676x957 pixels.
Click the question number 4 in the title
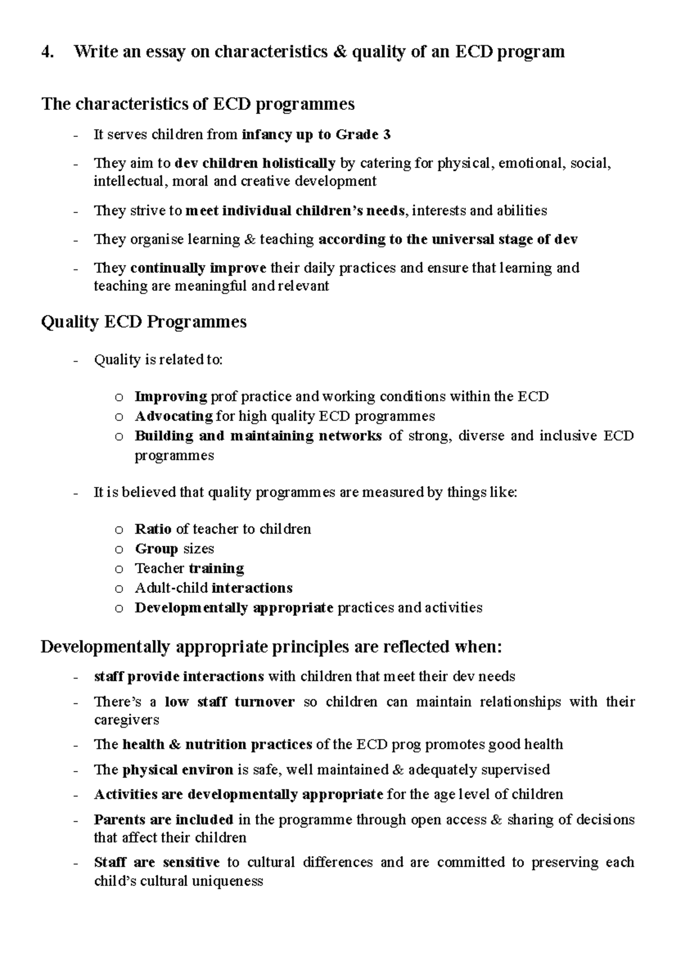coord(47,52)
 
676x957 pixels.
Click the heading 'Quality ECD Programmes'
coord(144,322)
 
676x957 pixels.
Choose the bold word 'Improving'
coord(171,397)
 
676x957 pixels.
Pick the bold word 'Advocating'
coord(174,417)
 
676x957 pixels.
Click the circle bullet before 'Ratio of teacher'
coord(118,530)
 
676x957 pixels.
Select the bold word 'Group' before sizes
coord(156,549)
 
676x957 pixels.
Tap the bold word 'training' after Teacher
coord(216,569)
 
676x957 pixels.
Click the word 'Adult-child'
coord(171,588)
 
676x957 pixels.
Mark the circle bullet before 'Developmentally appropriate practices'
coord(118,609)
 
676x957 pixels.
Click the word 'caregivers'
coord(126,720)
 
